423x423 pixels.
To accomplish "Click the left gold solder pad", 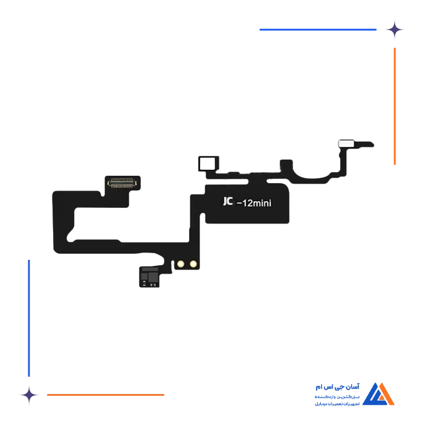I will [x=181, y=263].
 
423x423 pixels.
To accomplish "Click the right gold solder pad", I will [x=193, y=263].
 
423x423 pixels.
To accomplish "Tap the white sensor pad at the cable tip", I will [x=347, y=144].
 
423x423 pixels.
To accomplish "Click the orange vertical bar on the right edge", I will [x=394, y=106].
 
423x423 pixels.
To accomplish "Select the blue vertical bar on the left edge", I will [x=28, y=317].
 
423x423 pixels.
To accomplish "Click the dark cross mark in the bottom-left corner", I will [x=28, y=395].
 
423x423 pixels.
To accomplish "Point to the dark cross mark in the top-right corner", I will [x=395, y=28].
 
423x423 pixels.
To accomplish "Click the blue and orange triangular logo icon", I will [x=381, y=393].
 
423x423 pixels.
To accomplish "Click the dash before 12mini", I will [x=239, y=205].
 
